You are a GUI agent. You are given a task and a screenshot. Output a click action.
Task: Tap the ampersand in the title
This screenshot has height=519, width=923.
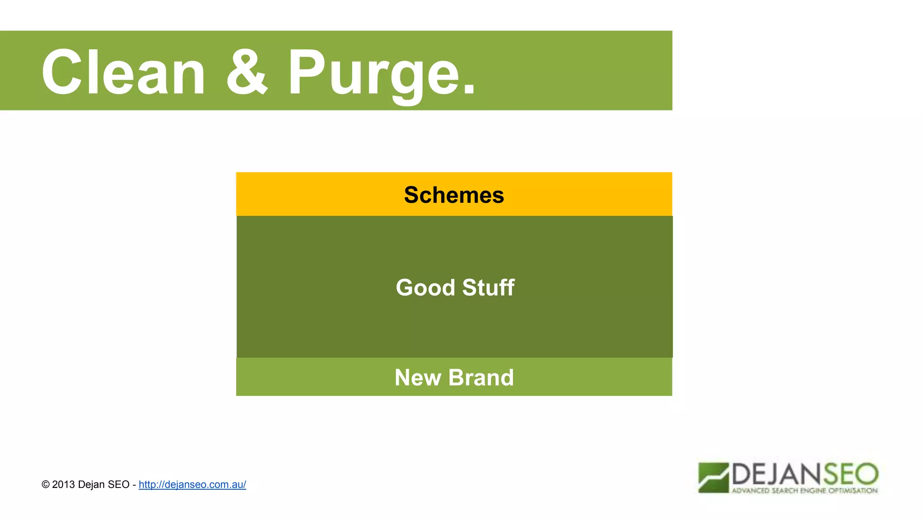[247, 72]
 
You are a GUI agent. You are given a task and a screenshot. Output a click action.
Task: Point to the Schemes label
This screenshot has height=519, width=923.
[454, 195]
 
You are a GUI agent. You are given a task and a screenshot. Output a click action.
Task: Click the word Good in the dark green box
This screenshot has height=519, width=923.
[425, 287]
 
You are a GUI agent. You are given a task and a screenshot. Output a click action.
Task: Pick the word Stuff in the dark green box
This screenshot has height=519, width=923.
[488, 287]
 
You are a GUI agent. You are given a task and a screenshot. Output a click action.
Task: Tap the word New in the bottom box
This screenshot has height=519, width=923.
[417, 378]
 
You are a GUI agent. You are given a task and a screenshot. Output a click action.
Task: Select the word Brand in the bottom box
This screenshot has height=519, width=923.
[481, 378]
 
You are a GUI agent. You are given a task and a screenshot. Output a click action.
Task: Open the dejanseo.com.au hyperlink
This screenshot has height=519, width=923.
[192, 484]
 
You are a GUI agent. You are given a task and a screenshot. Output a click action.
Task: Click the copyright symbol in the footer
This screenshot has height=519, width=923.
[46, 484]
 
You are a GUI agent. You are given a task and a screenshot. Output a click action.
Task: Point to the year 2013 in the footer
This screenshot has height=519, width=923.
[64, 484]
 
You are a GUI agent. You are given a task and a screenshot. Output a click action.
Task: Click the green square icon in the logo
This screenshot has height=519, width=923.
[713, 478]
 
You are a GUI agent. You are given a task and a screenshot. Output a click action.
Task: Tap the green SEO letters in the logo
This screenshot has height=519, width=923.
[850, 474]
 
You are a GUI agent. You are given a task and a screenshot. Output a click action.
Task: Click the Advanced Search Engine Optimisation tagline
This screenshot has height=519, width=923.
[804, 491]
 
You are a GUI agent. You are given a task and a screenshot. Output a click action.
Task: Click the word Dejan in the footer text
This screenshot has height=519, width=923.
[91, 484]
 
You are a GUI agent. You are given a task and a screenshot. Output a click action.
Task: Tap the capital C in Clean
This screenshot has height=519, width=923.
[62, 72]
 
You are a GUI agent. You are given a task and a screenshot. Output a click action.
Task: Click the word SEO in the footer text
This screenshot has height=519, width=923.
[119, 484]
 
